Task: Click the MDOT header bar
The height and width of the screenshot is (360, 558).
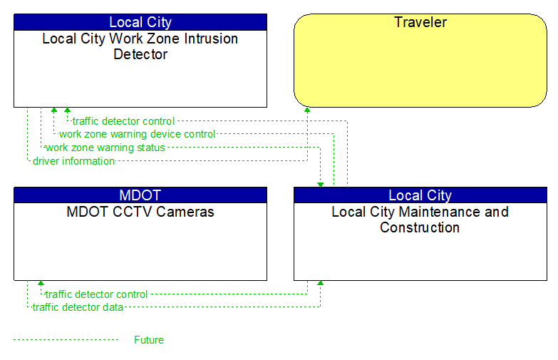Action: tap(140, 195)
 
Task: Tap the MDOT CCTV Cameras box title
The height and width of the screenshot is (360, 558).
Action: tap(140, 212)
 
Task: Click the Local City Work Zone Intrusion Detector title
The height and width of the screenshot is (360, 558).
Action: tap(140, 46)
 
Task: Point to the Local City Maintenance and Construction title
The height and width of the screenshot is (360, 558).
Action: tap(420, 220)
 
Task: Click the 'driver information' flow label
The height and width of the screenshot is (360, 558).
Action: tap(73, 161)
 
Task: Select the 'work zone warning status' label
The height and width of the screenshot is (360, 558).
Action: tap(105, 148)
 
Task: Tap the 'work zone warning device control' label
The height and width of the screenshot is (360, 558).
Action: tap(137, 134)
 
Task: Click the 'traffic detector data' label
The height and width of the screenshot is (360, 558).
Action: tap(78, 307)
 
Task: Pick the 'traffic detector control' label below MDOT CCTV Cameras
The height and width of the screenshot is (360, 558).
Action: tap(96, 294)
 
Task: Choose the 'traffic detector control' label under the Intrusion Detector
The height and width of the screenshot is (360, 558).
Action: tap(123, 121)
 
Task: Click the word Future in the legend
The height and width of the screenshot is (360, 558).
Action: tap(148, 340)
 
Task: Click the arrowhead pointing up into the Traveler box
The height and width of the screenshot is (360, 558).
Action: tap(307, 110)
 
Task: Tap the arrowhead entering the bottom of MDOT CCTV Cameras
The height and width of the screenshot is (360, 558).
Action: tap(41, 284)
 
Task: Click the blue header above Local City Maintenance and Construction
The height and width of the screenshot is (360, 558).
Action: tap(420, 195)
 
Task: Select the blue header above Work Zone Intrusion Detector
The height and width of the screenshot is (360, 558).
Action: tap(140, 22)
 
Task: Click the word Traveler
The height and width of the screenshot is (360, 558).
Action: tap(420, 22)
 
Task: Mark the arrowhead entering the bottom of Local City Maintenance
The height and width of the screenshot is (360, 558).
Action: tap(320, 284)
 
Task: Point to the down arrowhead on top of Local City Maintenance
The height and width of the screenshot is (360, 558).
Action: tap(321, 184)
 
